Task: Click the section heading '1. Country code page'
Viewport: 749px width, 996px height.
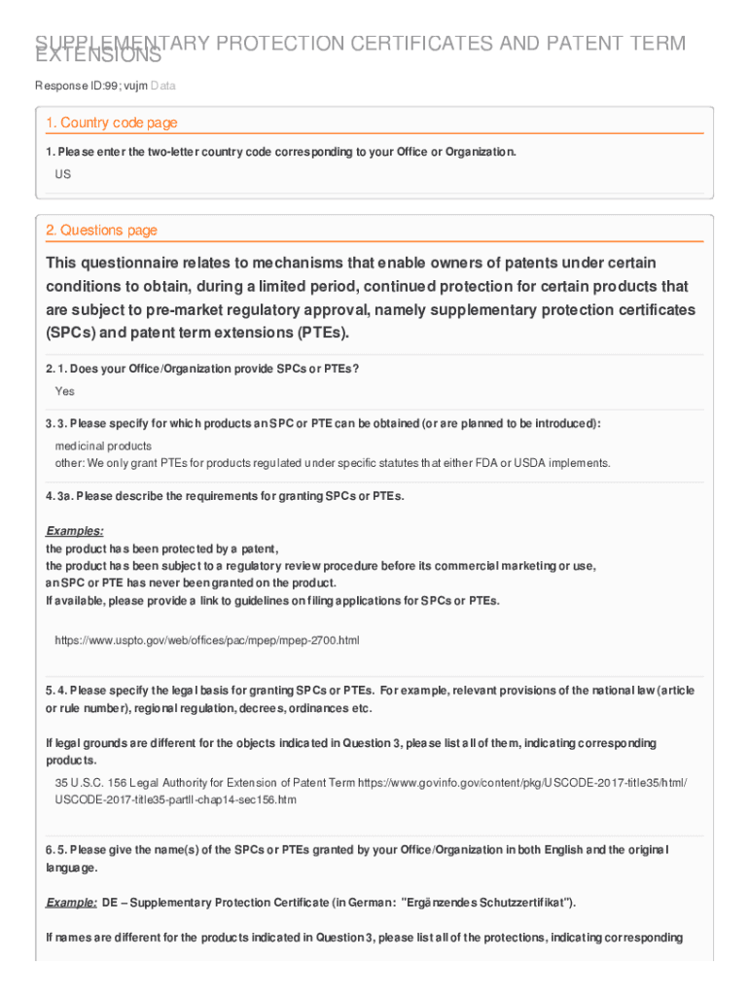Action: (111, 123)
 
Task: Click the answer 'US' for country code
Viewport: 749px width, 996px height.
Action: (63, 174)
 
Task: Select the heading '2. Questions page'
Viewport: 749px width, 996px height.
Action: (101, 231)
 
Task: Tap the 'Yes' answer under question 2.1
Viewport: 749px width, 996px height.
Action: (64, 391)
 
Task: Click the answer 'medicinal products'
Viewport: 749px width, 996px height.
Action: (103, 445)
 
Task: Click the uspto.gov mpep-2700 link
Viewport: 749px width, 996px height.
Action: (207, 641)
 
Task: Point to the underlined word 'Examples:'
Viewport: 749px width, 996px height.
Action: (75, 531)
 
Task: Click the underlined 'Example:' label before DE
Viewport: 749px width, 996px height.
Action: (71, 903)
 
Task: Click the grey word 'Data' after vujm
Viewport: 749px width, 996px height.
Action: (163, 87)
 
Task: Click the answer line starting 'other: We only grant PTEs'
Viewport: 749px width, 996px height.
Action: (332, 462)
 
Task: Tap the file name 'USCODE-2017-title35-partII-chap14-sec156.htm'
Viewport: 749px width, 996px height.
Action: (175, 800)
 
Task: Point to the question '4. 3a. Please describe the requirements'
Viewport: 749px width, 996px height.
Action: (225, 496)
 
